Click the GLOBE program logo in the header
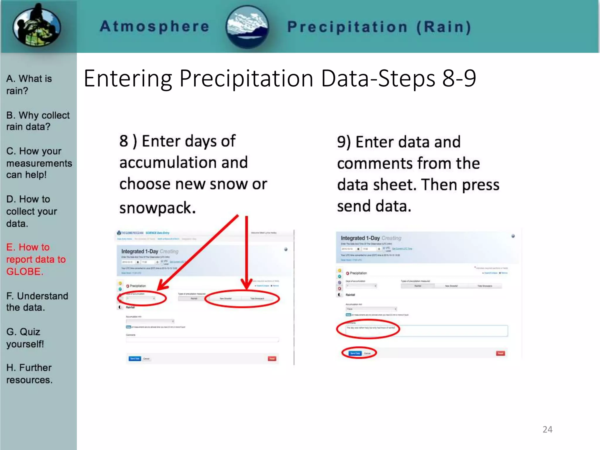[x=37, y=26]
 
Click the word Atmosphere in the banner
[x=154, y=26]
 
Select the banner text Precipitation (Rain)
[x=379, y=27]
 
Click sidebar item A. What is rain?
[x=29, y=85]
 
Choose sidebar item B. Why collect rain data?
[x=38, y=121]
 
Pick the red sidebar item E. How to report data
[x=36, y=259]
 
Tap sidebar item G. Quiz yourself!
[x=25, y=338]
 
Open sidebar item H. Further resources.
[x=29, y=374]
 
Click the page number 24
[x=547, y=429]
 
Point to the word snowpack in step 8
[x=157, y=208]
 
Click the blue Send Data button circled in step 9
[x=355, y=353]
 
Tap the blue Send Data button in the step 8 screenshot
[x=135, y=359]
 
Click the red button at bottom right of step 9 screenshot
[x=500, y=353]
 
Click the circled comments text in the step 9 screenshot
[x=371, y=328]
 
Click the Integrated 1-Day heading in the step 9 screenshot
[x=360, y=238]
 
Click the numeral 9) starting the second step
[x=344, y=142]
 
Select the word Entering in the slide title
[x=128, y=79]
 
